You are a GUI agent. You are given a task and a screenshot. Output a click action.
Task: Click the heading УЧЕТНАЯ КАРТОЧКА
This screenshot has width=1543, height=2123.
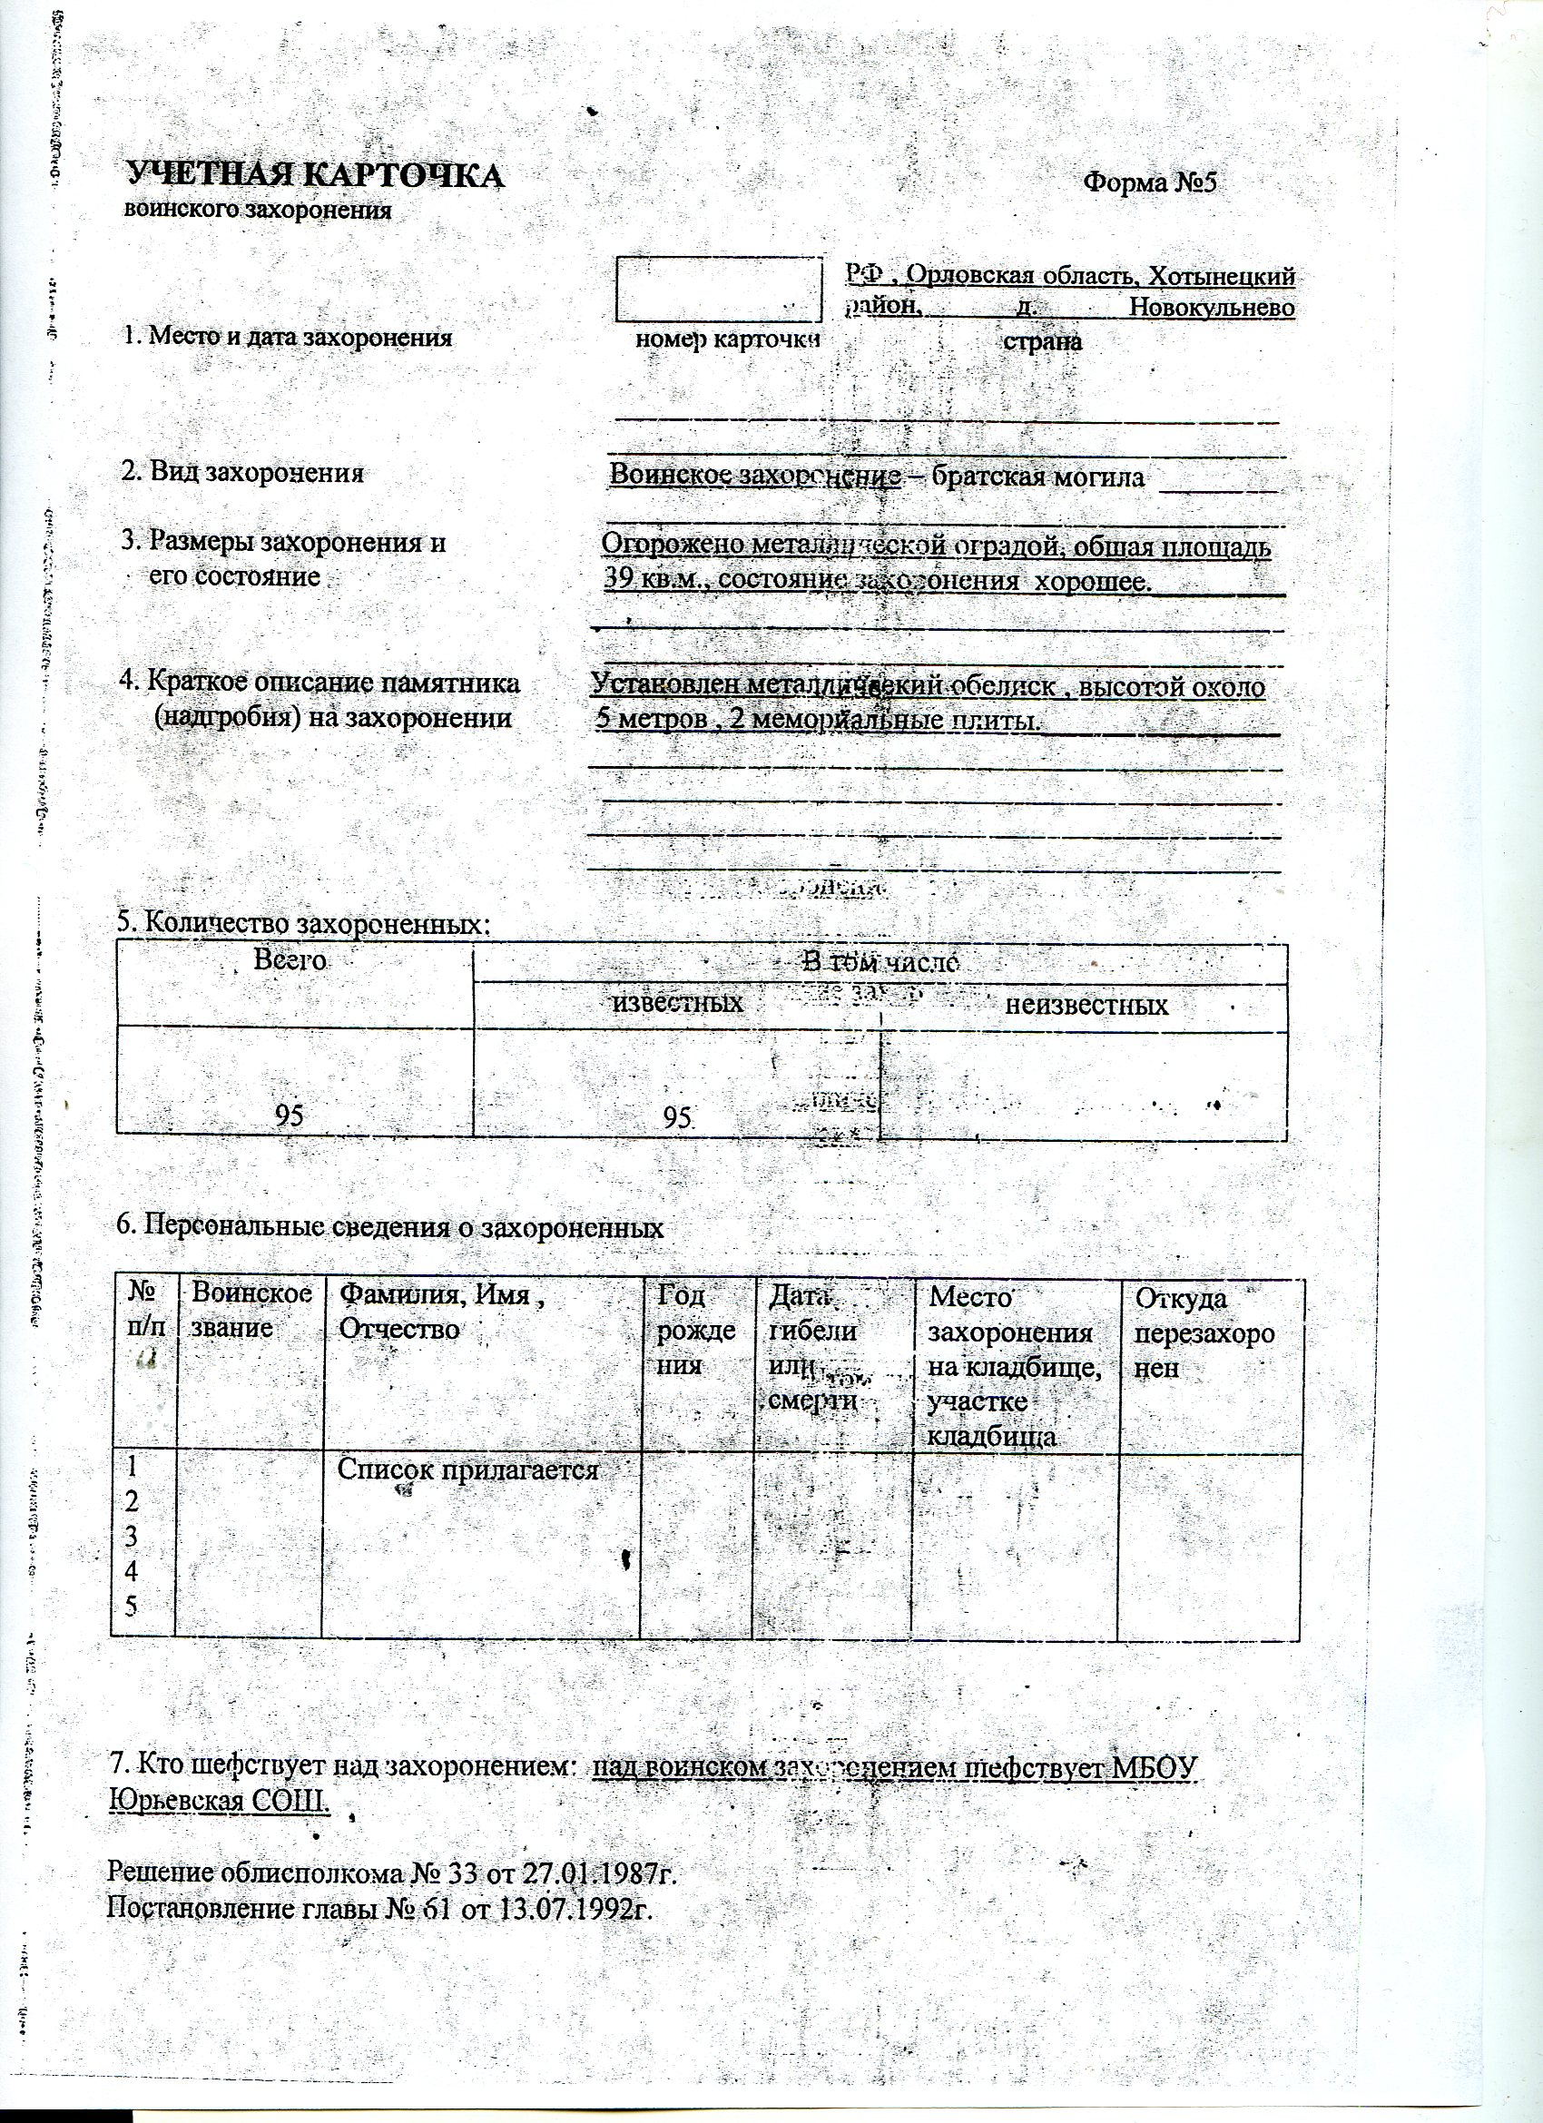click(315, 176)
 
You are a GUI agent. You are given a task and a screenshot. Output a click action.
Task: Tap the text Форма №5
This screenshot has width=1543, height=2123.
click(1149, 182)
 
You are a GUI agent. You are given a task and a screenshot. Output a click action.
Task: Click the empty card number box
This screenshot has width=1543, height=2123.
click(717, 289)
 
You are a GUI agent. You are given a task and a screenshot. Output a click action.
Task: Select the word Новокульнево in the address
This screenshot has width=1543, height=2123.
click(1212, 307)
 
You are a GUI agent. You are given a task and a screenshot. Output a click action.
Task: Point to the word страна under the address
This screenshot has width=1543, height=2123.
click(1042, 340)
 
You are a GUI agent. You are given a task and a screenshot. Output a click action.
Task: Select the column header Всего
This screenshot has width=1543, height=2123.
click(290, 960)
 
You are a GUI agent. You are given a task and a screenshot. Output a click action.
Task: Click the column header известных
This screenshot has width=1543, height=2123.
click(677, 1004)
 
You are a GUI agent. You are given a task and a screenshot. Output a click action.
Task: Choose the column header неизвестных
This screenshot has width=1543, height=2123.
click(1086, 1006)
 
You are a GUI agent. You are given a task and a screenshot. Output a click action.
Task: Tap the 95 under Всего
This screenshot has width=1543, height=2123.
click(290, 1114)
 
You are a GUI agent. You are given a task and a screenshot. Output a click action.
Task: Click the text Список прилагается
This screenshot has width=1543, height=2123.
click(467, 1470)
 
